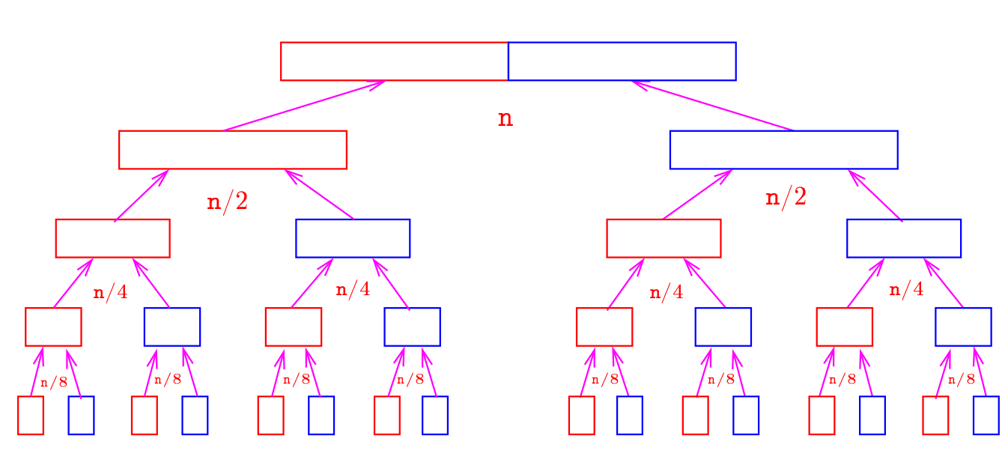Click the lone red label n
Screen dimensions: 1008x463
tap(505, 119)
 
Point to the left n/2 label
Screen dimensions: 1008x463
tap(227, 201)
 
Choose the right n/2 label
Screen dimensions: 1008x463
tap(786, 197)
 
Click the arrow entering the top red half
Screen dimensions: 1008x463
tap(305, 106)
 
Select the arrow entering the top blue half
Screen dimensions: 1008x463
tap(713, 106)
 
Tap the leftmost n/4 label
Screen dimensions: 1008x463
tap(110, 293)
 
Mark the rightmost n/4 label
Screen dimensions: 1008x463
tap(906, 289)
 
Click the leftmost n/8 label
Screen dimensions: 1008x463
tap(54, 382)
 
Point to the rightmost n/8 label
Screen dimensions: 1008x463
tap(962, 379)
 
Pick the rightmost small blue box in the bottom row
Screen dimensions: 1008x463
tap(986, 415)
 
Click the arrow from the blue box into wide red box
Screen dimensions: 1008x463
tap(320, 195)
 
